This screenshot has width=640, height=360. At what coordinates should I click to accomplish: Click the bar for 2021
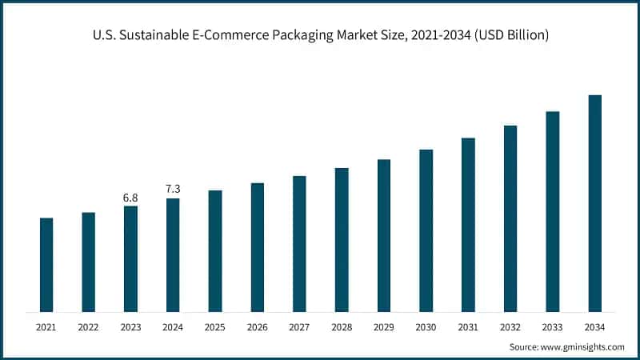[46, 265]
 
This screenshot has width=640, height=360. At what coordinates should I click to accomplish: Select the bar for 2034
[594, 203]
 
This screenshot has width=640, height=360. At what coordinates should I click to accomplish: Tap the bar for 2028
[342, 240]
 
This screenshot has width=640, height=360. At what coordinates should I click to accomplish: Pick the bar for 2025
[215, 251]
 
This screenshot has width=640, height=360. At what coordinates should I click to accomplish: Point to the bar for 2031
[468, 225]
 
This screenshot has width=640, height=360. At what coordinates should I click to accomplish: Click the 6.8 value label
[130, 197]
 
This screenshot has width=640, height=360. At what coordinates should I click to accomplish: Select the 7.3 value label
[173, 189]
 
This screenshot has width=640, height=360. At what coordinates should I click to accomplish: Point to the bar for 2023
[130, 259]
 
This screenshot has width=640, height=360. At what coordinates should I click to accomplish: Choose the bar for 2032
[510, 218]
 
